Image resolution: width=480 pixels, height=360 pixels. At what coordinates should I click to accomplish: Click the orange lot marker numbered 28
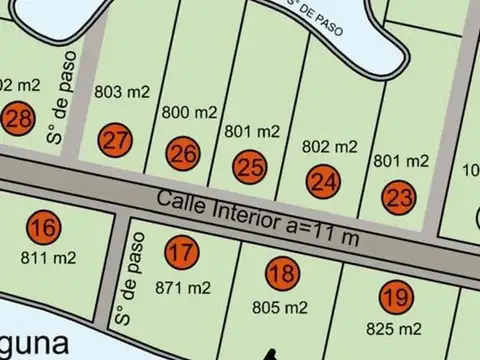coord(18,118)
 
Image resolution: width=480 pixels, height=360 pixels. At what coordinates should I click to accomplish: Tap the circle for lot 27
coord(117,140)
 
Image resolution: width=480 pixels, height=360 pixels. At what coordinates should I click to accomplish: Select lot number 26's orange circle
coord(183,154)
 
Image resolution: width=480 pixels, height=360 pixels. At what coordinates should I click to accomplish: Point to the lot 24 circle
coord(323,182)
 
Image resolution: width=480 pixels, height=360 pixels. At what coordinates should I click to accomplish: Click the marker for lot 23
coord(398,197)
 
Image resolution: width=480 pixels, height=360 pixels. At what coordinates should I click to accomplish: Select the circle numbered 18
coord(283,271)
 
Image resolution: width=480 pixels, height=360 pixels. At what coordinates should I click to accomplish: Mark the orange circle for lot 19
coord(395,296)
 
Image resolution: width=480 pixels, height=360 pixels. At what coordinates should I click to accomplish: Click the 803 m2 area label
coord(122,92)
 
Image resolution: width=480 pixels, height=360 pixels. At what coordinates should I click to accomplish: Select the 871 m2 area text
coord(183,288)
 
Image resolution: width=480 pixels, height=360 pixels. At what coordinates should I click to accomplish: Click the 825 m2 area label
coord(393,328)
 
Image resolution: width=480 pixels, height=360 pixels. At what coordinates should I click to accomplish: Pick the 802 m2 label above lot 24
coord(329,146)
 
